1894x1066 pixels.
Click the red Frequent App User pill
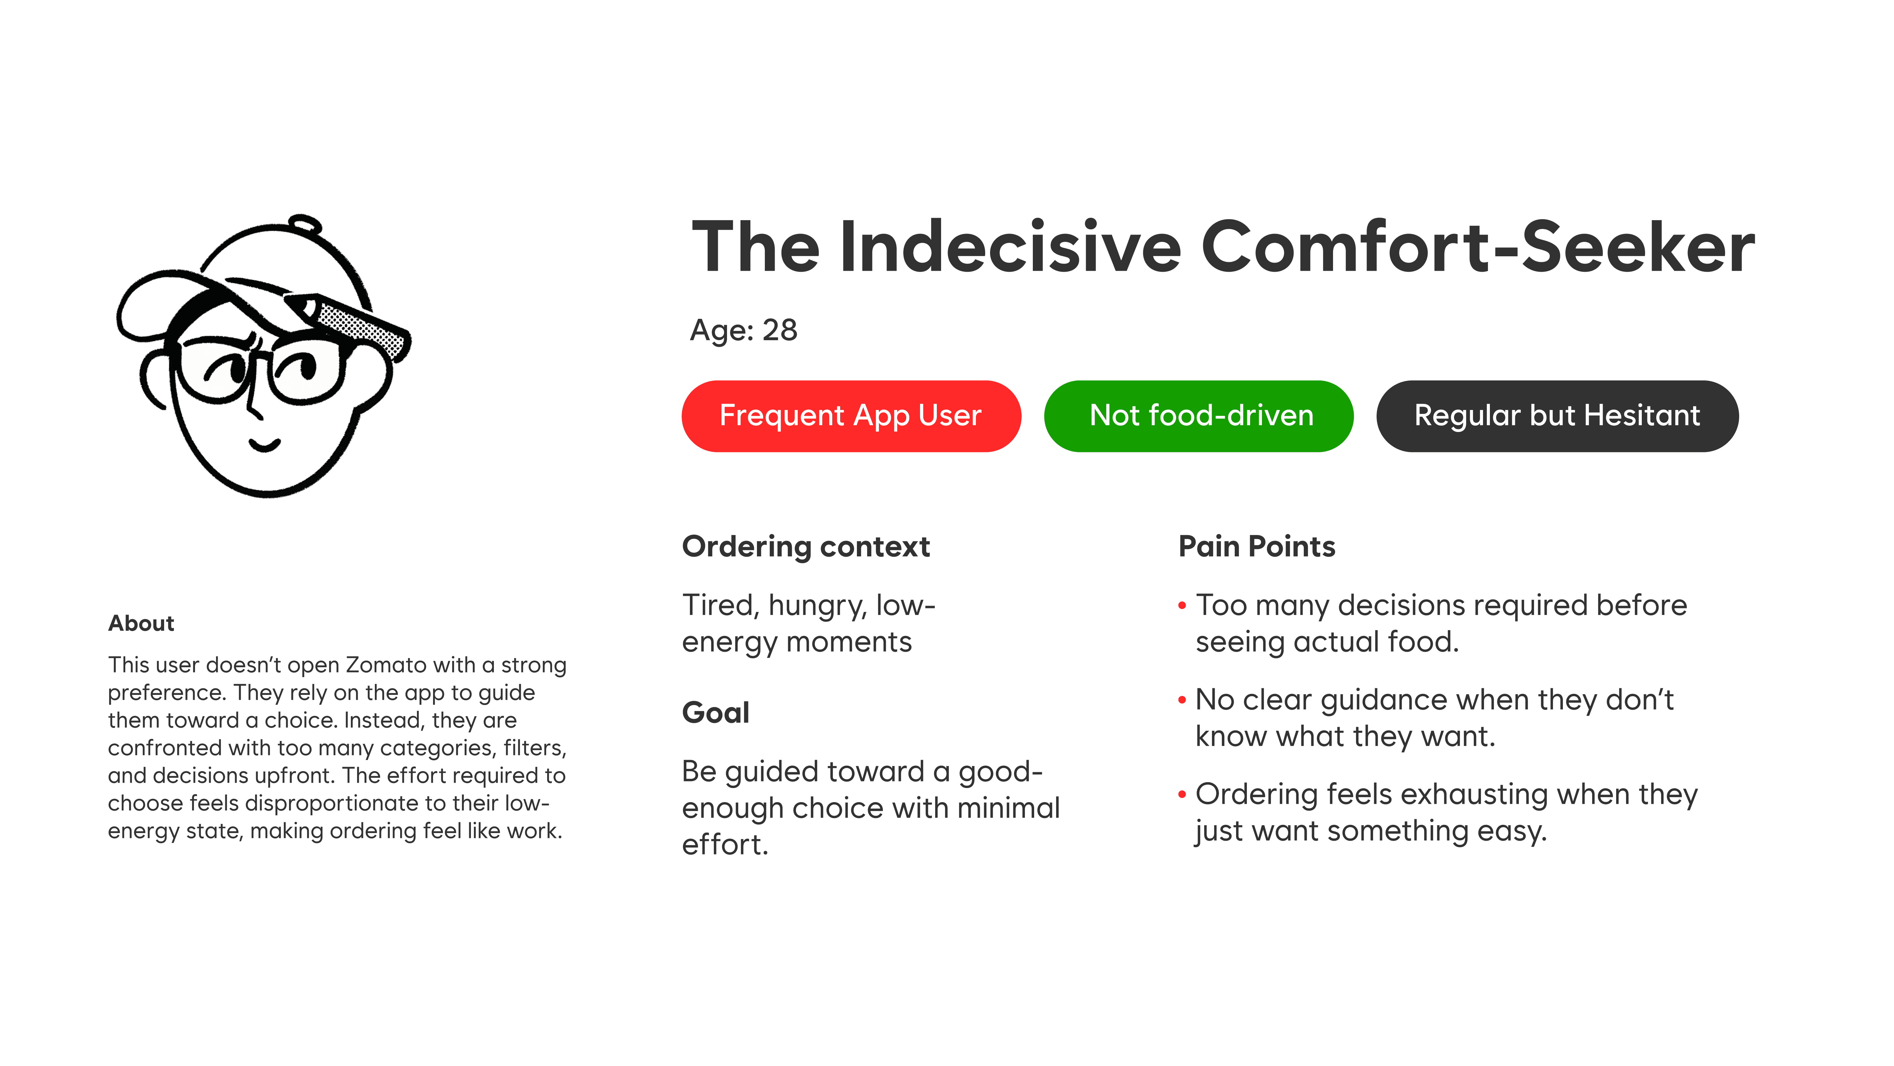tap(851, 416)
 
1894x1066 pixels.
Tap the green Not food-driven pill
tap(1199, 416)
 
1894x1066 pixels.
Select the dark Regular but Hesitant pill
tap(1557, 416)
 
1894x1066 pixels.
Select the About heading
tap(141, 623)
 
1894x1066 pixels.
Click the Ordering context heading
tap(806, 546)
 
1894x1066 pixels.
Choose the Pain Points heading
tap(1256, 546)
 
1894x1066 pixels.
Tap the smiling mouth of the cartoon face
tap(265, 444)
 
